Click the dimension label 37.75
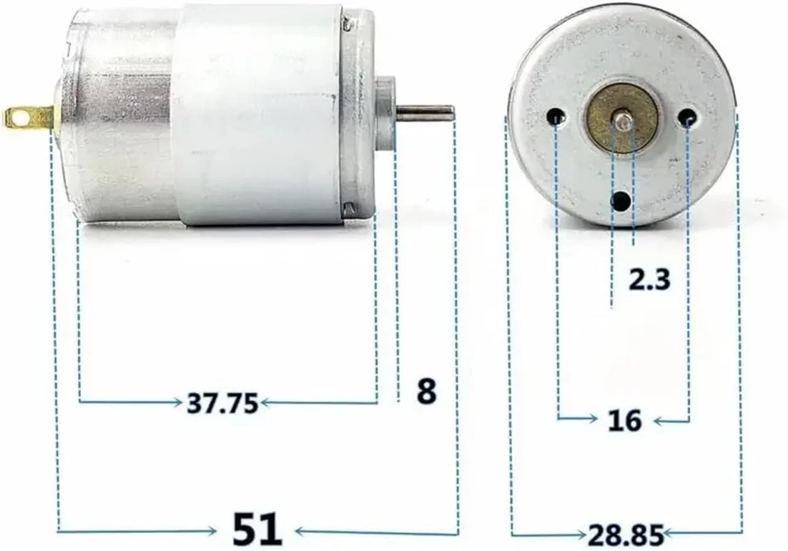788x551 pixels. tap(222, 404)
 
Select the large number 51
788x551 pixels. tap(257, 530)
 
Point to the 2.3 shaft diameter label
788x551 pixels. tap(649, 279)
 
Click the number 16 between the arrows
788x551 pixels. tap(624, 420)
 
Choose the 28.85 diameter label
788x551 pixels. tap(626, 534)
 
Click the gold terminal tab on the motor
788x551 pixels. tap(29, 116)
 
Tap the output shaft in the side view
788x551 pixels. tap(425, 113)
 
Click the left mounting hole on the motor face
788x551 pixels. tap(556, 116)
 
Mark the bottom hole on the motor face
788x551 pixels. tap(621, 201)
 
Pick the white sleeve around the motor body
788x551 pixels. tap(257, 114)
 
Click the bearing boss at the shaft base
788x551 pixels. tap(386, 113)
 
